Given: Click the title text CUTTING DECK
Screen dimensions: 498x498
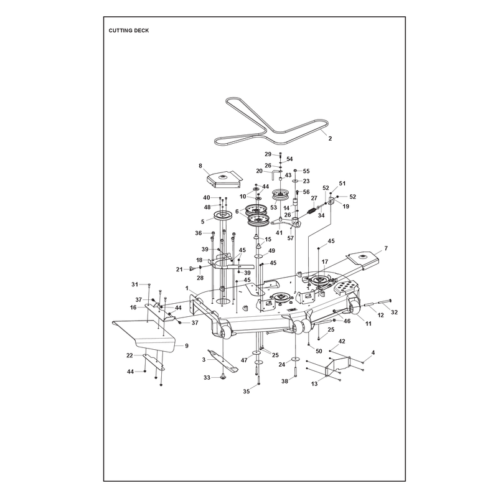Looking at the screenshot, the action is click(x=129, y=31).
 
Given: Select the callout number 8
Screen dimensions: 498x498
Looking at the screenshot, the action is click(x=200, y=166).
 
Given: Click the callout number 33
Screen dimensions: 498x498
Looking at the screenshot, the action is click(x=207, y=378).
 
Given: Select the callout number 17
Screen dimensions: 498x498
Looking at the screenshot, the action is click(x=324, y=261).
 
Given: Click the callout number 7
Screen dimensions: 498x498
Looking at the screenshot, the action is click(x=386, y=248).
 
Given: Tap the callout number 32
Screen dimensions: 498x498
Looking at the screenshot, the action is click(x=394, y=312).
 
